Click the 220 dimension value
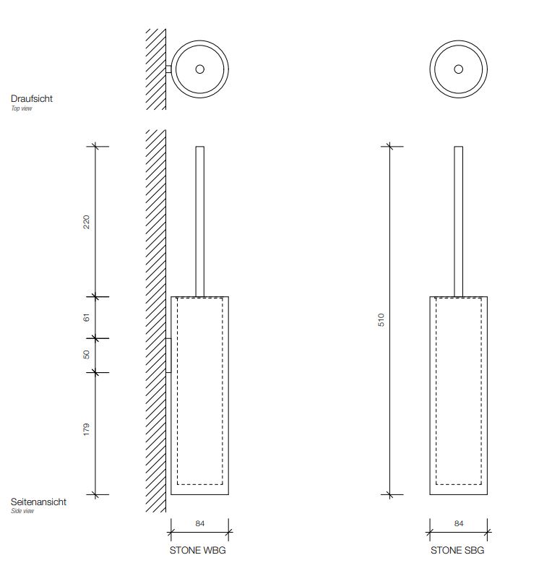(x=86, y=222)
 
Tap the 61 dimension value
(x=86, y=317)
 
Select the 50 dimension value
(x=86, y=354)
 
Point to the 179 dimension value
(x=86, y=429)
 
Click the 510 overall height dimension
(x=381, y=319)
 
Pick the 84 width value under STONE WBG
(x=200, y=523)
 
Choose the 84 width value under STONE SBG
(x=459, y=523)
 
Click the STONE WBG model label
(x=198, y=550)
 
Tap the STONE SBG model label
(x=457, y=550)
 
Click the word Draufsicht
(x=32, y=98)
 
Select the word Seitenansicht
(x=38, y=502)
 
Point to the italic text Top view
(x=22, y=108)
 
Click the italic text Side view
(x=22, y=511)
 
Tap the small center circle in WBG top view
(x=200, y=69)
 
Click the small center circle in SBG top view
(x=458, y=69)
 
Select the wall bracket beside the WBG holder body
(x=168, y=356)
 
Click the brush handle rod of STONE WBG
(x=200, y=222)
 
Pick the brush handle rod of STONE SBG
(x=458, y=222)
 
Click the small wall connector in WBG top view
(x=168, y=69)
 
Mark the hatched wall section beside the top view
(x=156, y=69)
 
